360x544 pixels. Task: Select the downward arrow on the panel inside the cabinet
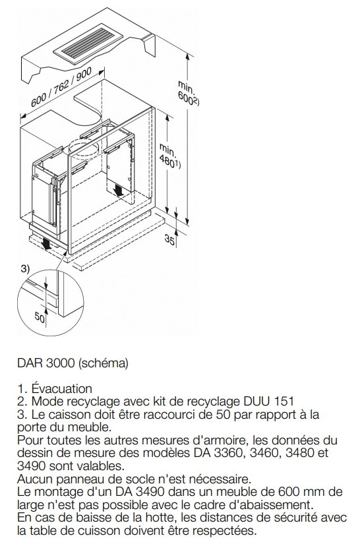click(x=117, y=190)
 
